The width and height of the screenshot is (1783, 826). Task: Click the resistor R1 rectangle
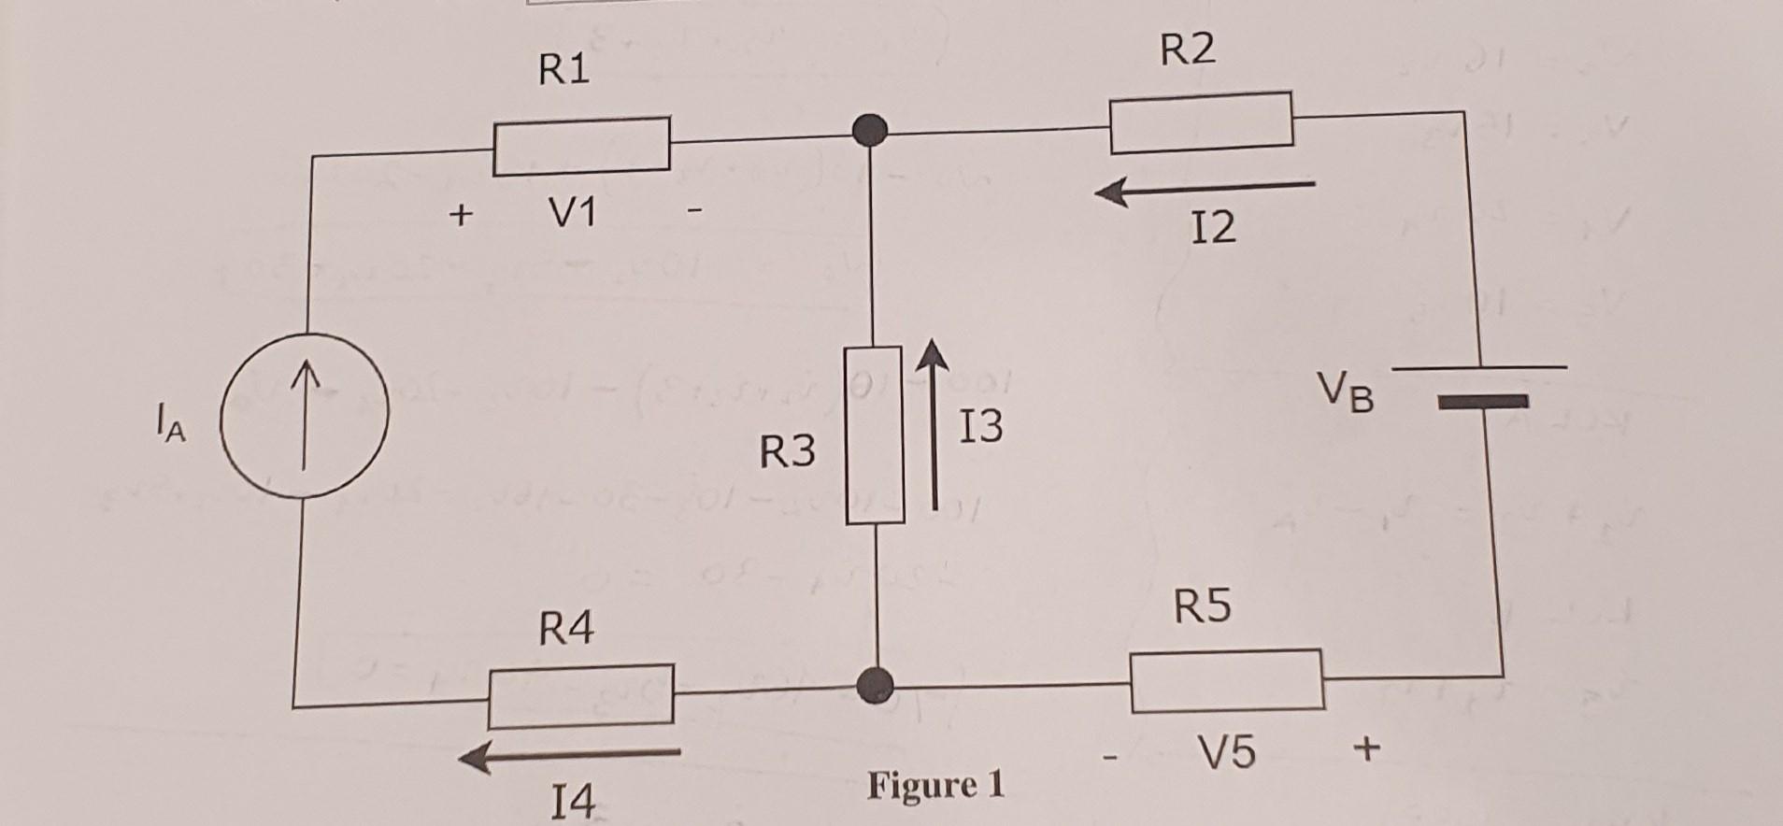click(581, 146)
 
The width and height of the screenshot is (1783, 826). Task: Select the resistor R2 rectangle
click(1202, 122)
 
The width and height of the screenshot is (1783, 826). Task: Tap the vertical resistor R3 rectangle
click(874, 435)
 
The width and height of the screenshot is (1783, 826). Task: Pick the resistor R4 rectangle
click(580, 695)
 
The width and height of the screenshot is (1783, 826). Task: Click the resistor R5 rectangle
click(1227, 680)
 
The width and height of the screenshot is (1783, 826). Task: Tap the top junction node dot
click(871, 130)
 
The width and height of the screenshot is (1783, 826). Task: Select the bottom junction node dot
click(876, 685)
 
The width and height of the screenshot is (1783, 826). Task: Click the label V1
click(572, 215)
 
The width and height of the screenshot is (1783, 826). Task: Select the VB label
click(1346, 392)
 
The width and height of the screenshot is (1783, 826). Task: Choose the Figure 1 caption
click(935, 785)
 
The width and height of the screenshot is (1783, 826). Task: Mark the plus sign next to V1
click(459, 215)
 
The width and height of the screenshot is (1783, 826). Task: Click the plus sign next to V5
click(1365, 748)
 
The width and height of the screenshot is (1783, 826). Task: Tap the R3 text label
click(787, 452)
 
